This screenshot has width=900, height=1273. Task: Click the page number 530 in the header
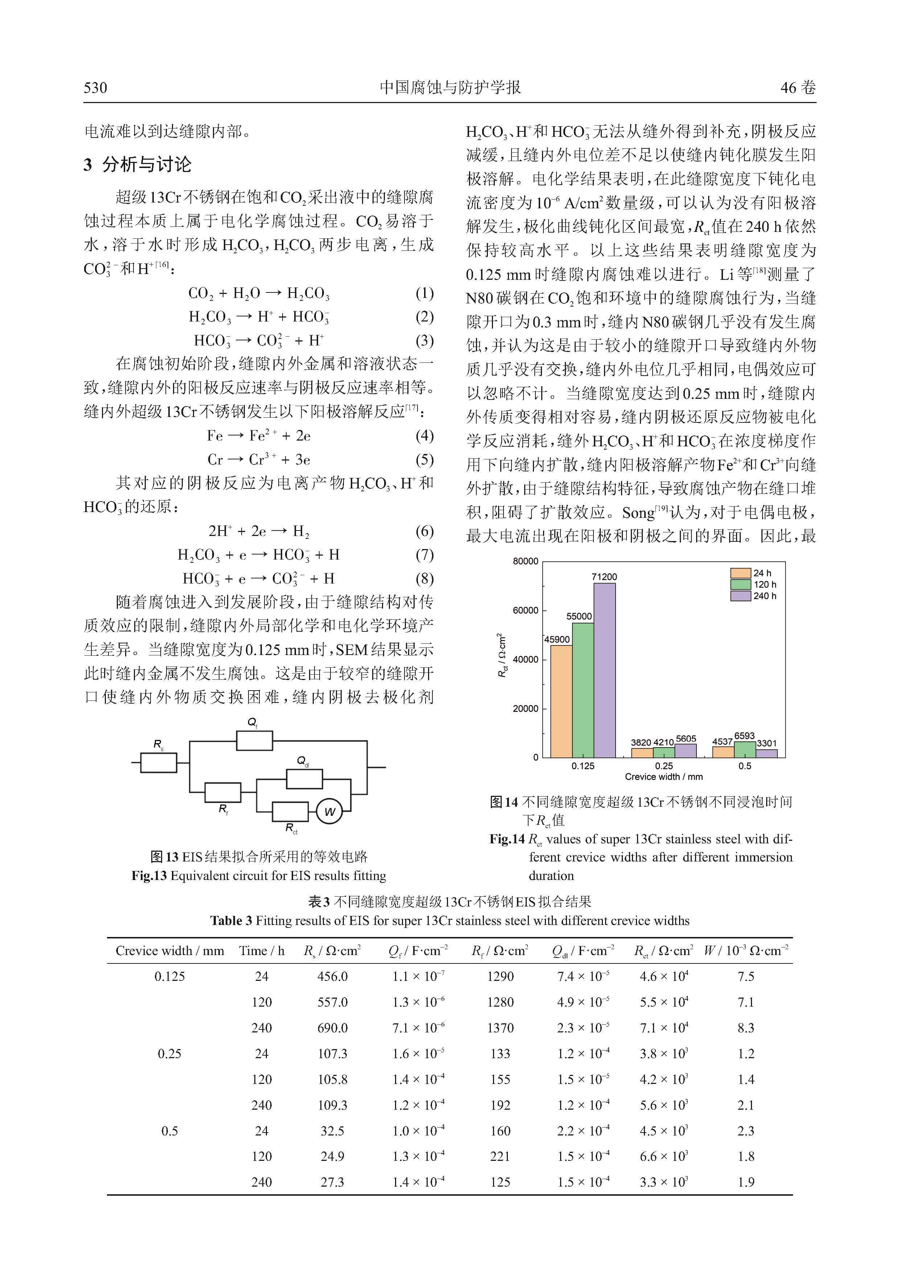click(95, 87)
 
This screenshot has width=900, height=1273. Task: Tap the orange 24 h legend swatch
click(740, 573)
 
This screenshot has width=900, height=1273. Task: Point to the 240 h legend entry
click(754, 596)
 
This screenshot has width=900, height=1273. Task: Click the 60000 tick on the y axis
click(525, 610)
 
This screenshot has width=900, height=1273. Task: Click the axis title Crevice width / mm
click(663, 777)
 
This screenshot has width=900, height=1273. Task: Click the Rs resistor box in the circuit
click(159, 762)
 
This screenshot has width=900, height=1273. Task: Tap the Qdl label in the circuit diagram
click(303, 761)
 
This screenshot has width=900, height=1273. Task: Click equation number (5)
click(424, 460)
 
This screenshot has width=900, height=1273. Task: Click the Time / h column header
click(262, 951)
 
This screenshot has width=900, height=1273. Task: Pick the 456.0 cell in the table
click(333, 977)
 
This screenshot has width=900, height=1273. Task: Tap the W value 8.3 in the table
click(745, 1028)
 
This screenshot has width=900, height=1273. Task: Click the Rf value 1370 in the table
click(501, 1028)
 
